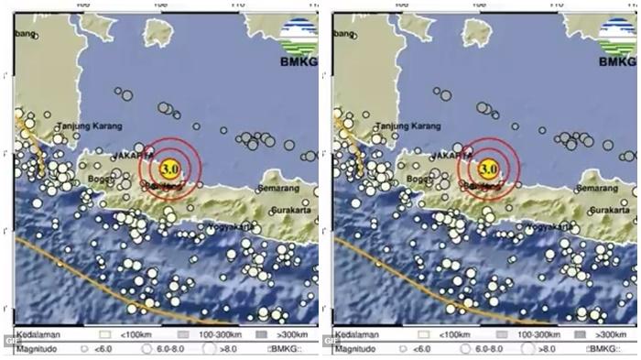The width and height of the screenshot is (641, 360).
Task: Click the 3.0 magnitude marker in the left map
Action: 168,168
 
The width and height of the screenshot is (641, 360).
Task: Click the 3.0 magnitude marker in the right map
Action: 487,168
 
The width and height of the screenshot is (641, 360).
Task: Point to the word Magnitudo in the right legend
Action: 352,349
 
